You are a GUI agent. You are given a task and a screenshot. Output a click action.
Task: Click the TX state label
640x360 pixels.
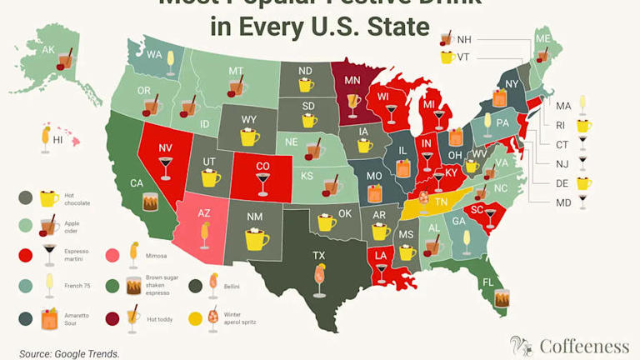coord(318,255)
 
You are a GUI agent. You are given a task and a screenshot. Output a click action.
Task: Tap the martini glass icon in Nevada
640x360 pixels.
coord(165,167)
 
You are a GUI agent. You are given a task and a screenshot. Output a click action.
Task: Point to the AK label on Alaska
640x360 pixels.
coord(48,50)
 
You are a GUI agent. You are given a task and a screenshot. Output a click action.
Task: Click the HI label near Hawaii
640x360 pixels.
coord(57,141)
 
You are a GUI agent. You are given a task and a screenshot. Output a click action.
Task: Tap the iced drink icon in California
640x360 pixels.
coord(150,202)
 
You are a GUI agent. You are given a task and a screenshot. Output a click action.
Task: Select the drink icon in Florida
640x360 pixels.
coord(502,297)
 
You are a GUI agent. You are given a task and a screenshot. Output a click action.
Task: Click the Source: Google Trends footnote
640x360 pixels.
coord(69,353)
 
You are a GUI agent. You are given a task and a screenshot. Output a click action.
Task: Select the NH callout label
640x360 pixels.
coord(464,39)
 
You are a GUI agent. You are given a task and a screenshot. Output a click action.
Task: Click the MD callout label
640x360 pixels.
coord(563,202)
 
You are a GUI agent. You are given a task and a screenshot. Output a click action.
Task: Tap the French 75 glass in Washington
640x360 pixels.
coord(170,58)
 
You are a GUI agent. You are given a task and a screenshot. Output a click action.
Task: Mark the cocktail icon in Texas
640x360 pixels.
coord(319,279)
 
